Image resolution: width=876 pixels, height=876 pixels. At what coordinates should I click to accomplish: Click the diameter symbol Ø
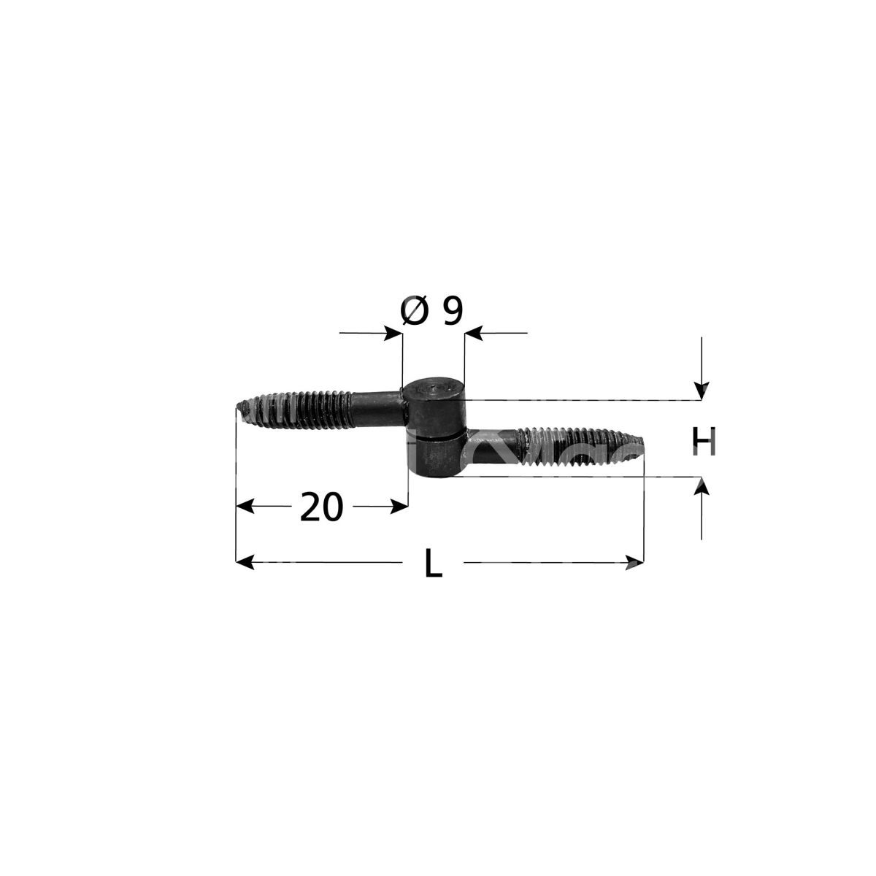(414, 311)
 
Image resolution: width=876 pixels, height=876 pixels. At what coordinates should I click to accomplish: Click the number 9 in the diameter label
(453, 312)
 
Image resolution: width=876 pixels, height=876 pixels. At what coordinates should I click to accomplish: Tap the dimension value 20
(321, 507)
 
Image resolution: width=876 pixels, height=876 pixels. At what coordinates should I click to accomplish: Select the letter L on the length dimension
(433, 564)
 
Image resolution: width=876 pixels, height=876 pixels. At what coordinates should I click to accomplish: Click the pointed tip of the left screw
(237, 405)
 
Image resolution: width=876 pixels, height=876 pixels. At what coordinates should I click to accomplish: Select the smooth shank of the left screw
(377, 408)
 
